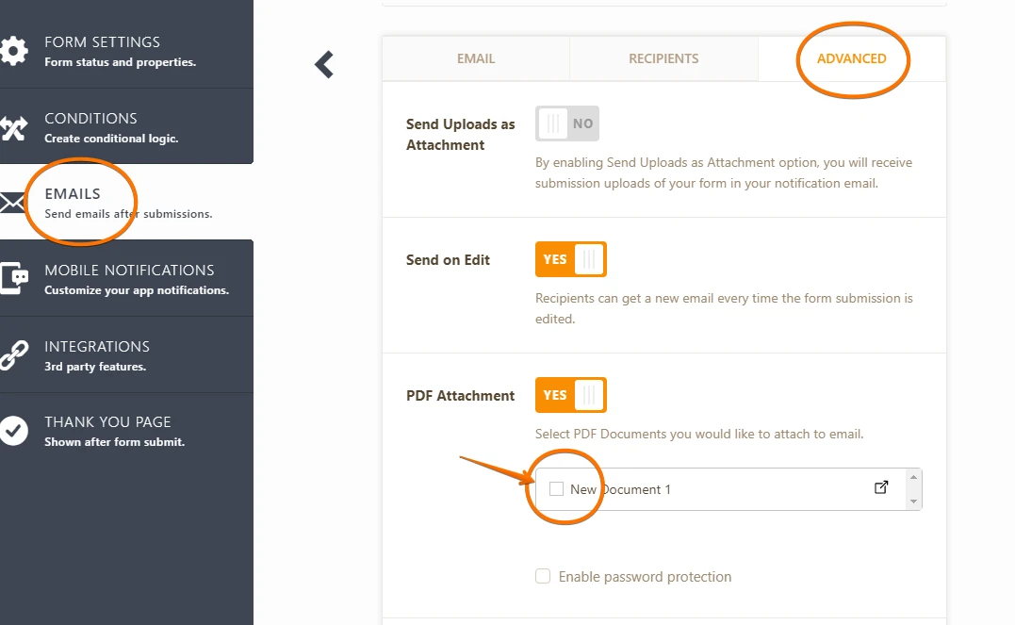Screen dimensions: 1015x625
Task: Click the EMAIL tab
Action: pyautogui.click(x=476, y=59)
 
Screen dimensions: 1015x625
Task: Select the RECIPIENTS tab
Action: pyautogui.click(x=663, y=59)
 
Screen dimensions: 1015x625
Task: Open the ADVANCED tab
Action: pyautogui.click(x=851, y=59)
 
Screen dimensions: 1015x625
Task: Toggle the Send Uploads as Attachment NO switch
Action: pyautogui.click(x=567, y=123)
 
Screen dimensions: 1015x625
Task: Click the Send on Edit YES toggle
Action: pyautogui.click(x=571, y=259)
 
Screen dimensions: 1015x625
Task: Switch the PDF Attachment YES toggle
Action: pyautogui.click(x=571, y=395)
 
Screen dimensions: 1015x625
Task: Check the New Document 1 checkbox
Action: pyautogui.click(x=556, y=489)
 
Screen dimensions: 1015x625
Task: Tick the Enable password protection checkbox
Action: pyautogui.click(x=543, y=576)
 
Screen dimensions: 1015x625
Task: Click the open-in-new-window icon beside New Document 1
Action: pyautogui.click(x=881, y=487)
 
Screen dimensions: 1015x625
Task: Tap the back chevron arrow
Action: pyautogui.click(x=323, y=65)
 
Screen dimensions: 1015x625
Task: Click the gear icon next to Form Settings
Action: pyautogui.click(x=13, y=51)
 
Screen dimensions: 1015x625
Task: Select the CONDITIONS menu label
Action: pyautogui.click(x=90, y=119)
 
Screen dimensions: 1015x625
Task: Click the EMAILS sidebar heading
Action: pyautogui.click(x=73, y=193)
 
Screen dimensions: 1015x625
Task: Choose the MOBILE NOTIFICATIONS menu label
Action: pyautogui.click(x=129, y=270)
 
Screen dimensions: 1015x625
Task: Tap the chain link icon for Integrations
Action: pyautogui.click(x=13, y=355)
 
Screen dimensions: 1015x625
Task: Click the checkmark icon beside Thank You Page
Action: pyautogui.click(x=13, y=430)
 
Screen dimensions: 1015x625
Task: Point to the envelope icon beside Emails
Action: pyautogui.click(x=11, y=203)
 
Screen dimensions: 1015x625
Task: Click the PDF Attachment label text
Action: pyautogui.click(x=460, y=396)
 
